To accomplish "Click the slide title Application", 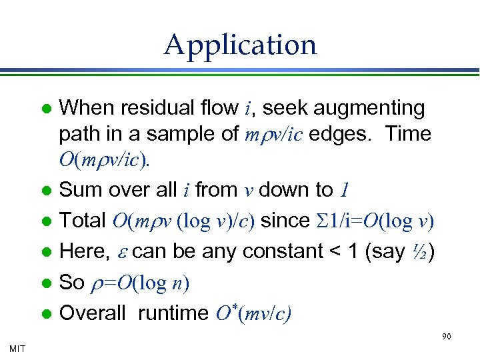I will tap(240, 45).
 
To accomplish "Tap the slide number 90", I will tap(446, 337).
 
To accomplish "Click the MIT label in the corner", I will tap(17, 348).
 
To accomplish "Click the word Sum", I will tap(77, 190).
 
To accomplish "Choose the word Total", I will tap(83, 221).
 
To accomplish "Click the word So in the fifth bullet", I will tap(72, 282).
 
